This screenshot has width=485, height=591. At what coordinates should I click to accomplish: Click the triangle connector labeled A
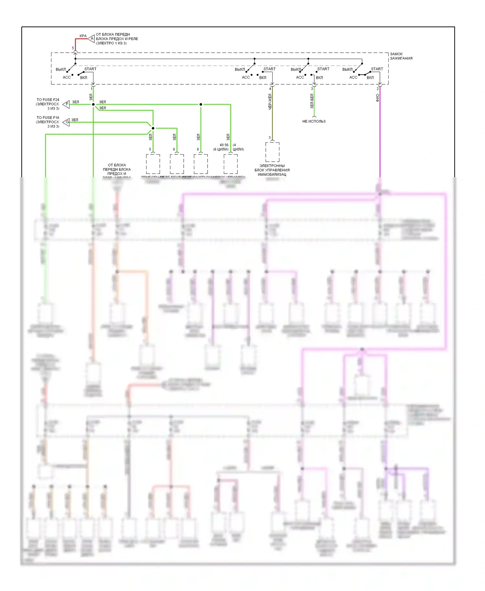91,39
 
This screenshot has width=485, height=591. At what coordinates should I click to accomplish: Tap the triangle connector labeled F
66,104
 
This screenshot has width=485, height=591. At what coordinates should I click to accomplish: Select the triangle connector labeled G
66,122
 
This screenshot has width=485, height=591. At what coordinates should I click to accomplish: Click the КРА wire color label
83,36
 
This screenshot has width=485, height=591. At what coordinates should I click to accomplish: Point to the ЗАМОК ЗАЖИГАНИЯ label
401,56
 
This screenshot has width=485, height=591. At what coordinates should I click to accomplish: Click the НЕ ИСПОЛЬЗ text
314,121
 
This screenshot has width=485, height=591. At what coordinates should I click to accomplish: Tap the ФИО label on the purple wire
377,98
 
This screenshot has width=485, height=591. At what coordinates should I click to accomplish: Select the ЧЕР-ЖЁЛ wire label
270,102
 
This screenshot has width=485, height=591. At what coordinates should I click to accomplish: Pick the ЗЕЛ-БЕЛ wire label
312,101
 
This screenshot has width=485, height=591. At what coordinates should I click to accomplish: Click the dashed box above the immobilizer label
272,152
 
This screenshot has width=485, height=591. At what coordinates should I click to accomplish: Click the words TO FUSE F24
48,100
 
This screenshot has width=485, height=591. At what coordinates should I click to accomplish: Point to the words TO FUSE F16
48,118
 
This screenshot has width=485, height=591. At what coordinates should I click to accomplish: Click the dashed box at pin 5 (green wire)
153,164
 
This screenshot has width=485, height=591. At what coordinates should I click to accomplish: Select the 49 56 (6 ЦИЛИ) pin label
221,147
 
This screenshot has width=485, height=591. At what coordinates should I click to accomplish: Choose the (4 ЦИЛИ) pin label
238,147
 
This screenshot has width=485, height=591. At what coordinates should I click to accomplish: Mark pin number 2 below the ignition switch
377,89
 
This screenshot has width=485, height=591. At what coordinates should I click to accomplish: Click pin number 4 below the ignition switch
270,89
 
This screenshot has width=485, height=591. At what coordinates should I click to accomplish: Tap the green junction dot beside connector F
93,104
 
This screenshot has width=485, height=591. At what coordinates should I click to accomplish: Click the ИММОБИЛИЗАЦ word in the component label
272,175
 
